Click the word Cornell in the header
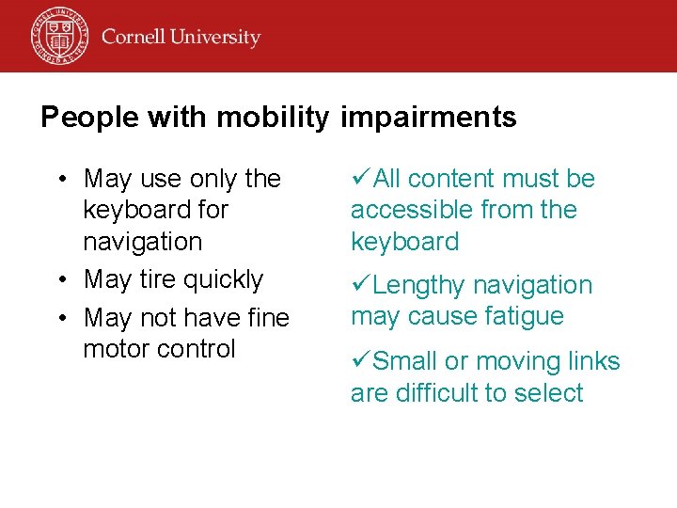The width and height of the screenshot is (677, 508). [x=134, y=38]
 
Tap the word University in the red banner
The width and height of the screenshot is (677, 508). [x=216, y=39]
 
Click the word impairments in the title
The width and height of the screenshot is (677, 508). [x=429, y=118]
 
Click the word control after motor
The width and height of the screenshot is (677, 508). [x=197, y=349]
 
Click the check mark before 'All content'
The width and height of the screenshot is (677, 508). [x=360, y=178]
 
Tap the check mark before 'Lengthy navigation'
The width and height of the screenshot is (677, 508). [x=360, y=284]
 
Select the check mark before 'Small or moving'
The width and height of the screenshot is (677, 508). [x=360, y=361]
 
